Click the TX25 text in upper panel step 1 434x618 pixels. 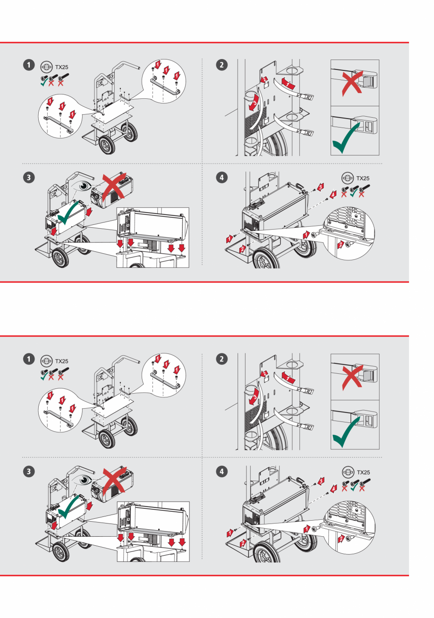[x=62, y=67]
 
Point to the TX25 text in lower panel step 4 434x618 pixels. [x=364, y=472]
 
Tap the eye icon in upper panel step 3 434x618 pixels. [x=85, y=185]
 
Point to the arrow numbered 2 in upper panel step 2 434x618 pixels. [x=265, y=79]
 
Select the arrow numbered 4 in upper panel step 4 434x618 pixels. [x=332, y=194]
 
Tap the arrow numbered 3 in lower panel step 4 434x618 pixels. [x=321, y=481]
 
